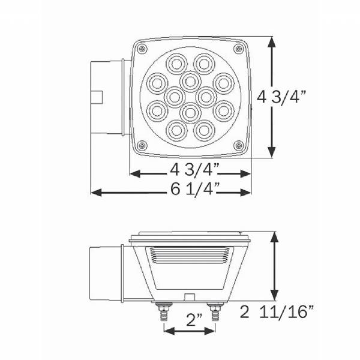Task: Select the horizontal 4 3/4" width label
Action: pos(191,168)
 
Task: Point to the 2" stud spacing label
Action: pos(190,321)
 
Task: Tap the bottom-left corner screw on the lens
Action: pos(142,145)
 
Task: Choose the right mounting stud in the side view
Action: pos(215,313)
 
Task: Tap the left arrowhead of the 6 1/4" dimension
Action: pos(94,193)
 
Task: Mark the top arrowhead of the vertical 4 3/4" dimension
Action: pos(273,42)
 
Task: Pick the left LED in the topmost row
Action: pos(178,62)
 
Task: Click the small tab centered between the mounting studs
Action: pos(188,297)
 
